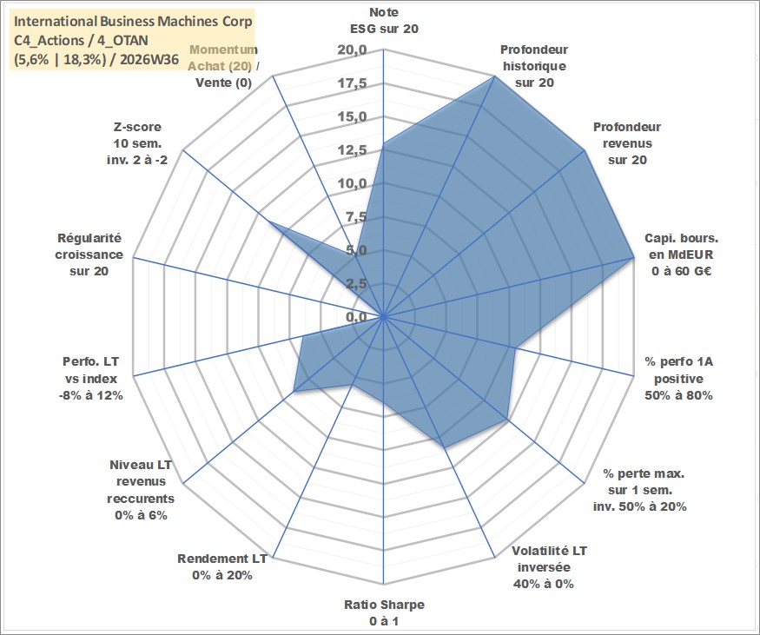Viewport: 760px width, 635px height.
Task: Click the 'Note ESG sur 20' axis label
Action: [384, 20]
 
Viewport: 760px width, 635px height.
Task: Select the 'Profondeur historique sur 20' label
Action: [534, 66]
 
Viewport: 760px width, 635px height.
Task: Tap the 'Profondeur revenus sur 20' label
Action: [627, 143]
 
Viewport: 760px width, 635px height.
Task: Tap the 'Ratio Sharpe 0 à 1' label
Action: [384, 612]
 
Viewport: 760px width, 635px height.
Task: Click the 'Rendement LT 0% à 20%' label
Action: [222, 567]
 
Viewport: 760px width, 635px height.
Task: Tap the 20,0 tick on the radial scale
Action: [353, 50]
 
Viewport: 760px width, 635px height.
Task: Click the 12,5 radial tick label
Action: [353, 150]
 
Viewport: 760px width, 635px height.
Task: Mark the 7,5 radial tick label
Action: [356, 217]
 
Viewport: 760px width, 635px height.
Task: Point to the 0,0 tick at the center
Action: [356, 317]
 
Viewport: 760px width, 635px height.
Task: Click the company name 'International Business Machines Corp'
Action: [133, 22]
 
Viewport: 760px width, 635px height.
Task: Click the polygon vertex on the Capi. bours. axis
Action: [633, 258]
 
